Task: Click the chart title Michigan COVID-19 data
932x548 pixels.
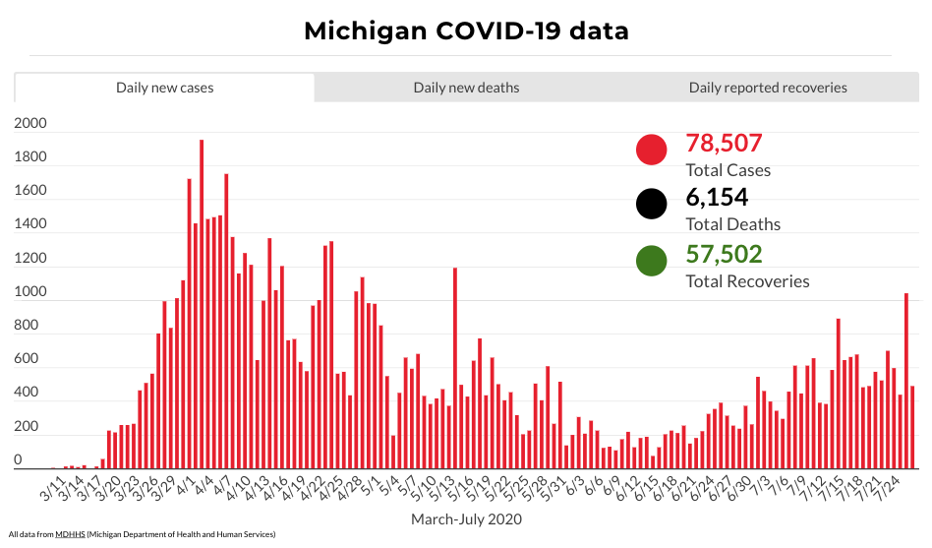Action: point(466,30)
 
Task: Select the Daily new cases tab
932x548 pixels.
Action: point(164,88)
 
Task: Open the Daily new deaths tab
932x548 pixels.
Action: point(466,88)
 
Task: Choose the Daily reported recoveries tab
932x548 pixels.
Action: point(768,88)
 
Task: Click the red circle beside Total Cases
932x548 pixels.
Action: point(652,150)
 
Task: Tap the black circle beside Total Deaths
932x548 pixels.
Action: point(652,205)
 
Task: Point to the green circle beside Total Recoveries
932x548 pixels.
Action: point(652,261)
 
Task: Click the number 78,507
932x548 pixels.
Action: point(724,144)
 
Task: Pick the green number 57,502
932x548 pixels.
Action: point(724,255)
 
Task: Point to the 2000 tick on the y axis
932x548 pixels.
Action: point(30,124)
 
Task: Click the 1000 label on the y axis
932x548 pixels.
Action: point(30,292)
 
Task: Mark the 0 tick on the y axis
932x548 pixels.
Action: point(18,460)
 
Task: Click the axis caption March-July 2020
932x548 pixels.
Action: point(466,518)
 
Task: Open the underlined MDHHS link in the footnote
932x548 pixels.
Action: point(69,534)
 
